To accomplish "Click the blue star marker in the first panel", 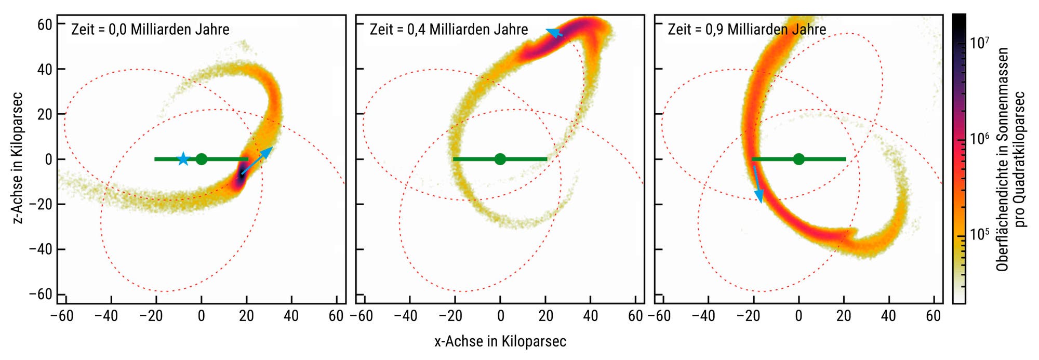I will point(183,159).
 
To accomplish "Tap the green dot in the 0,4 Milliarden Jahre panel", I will point(500,159).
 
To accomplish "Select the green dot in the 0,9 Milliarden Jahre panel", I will point(798,159).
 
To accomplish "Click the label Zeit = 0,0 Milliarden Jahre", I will point(150,29).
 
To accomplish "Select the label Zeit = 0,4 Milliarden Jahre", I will point(449,29).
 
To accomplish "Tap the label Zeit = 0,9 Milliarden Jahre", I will point(747,29).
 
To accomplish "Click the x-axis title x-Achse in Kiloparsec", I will point(500,341).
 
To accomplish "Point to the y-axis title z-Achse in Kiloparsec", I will point(18,158).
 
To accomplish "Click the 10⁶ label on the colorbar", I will point(980,139).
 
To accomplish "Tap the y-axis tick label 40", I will point(45,69).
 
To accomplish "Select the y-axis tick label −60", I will point(41,294).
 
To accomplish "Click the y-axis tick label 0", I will point(48,159).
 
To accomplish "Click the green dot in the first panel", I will point(202,159).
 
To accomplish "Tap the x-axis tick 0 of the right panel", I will point(798,315).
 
